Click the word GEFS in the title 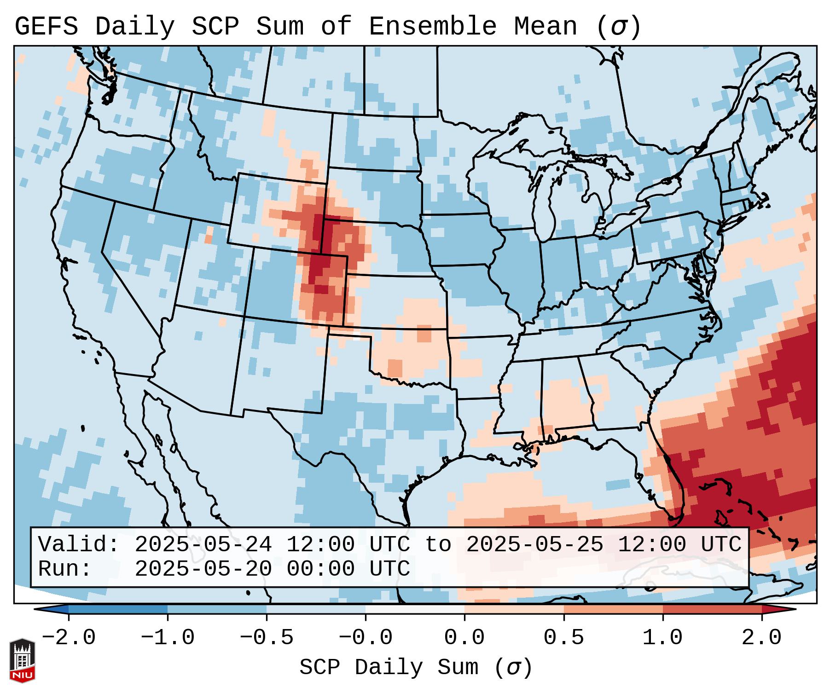pyautogui.click(x=46, y=27)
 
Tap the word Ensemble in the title pyautogui.click(x=432, y=27)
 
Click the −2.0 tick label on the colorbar pyautogui.click(x=69, y=638)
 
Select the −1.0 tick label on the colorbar pyautogui.click(x=168, y=638)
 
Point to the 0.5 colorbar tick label pyautogui.click(x=563, y=638)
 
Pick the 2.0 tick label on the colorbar pyautogui.click(x=762, y=638)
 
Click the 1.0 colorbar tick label pyautogui.click(x=662, y=638)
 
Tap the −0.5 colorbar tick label pyautogui.click(x=267, y=638)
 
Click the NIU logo pyautogui.click(x=22, y=660)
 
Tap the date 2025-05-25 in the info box pyautogui.click(x=534, y=545)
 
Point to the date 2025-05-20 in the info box pyautogui.click(x=203, y=569)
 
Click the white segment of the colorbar pyautogui.click(x=415, y=609)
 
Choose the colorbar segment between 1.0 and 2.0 pyautogui.click(x=712, y=609)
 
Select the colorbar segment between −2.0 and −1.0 pyautogui.click(x=118, y=609)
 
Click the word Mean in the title pyautogui.click(x=545, y=27)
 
